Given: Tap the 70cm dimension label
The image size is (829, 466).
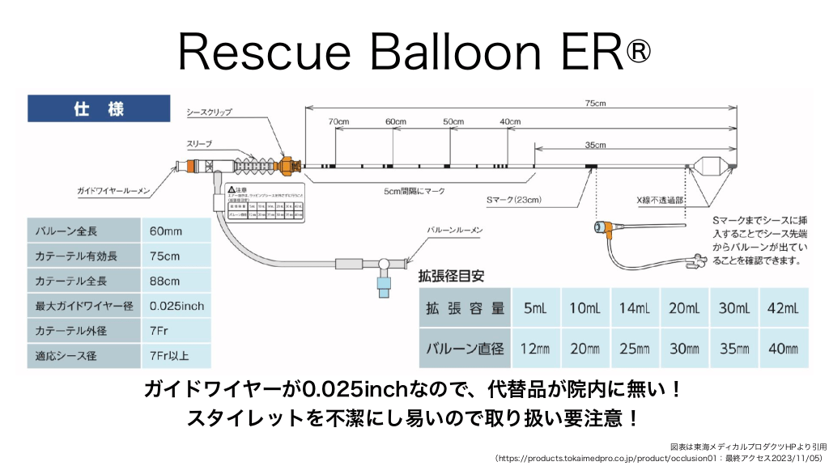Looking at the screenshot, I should [338, 122].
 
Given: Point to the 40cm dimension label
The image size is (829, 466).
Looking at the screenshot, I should [510, 122].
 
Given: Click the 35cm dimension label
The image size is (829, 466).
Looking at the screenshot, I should [595, 146].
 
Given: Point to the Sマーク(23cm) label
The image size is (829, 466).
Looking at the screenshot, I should [513, 200].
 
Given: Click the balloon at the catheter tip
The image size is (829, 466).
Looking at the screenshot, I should [712, 165].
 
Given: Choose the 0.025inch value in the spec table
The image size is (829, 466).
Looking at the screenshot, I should [177, 307].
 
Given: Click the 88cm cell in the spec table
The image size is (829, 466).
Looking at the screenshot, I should [165, 282].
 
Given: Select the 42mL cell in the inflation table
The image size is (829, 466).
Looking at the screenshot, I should [782, 309].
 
